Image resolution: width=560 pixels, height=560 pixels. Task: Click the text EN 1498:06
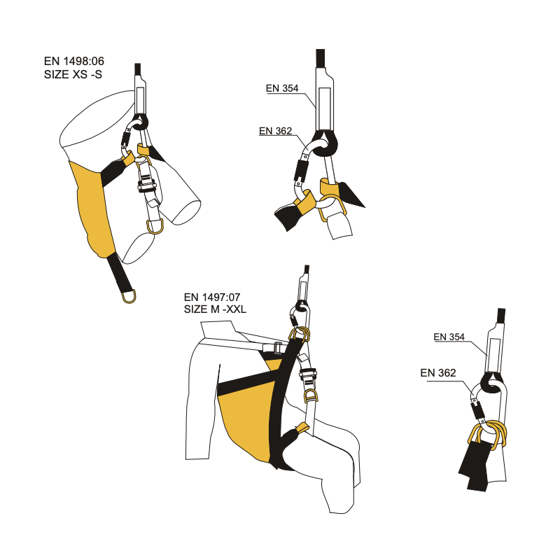point(74,61)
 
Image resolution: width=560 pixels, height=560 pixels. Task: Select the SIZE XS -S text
point(73,74)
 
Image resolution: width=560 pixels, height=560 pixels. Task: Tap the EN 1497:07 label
point(212,297)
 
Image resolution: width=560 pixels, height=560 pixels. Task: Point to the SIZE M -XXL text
point(215,309)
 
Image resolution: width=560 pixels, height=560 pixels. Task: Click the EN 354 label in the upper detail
point(282,88)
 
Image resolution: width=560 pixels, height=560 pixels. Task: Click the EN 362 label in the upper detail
point(275,131)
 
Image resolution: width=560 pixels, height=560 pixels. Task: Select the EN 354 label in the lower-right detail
point(449,337)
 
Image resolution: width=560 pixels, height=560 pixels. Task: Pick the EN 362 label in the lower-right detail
point(438,373)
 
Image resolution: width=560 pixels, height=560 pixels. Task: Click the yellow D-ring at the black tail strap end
point(129,296)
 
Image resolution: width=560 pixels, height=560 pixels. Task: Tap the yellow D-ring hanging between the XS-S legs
point(155,226)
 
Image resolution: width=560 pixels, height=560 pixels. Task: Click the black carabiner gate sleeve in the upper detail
point(301,170)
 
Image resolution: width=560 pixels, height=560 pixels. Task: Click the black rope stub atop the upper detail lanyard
point(321,58)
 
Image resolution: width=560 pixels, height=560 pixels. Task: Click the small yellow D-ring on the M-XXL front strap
point(309,395)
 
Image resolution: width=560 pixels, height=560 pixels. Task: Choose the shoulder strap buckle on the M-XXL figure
point(276,347)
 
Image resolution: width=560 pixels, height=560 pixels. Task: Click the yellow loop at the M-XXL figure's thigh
point(302,428)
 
